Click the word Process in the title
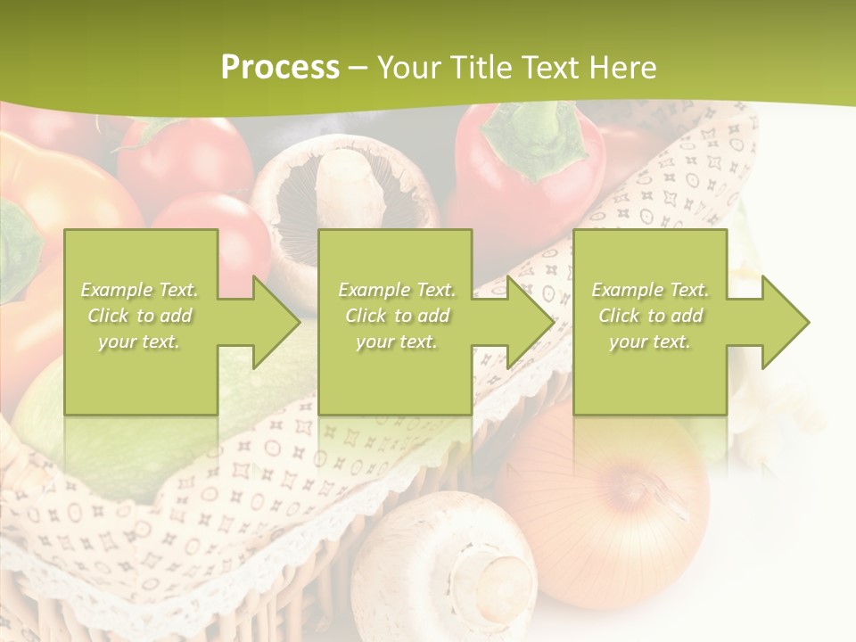tap(280, 68)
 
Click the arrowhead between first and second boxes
tap(276, 322)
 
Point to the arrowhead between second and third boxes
tap(530, 322)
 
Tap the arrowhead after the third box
tap(785, 322)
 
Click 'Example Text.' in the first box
tap(140, 290)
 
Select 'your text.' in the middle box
tap(396, 342)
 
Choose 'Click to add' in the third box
tap(650, 316)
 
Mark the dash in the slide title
tap(358, 68)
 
